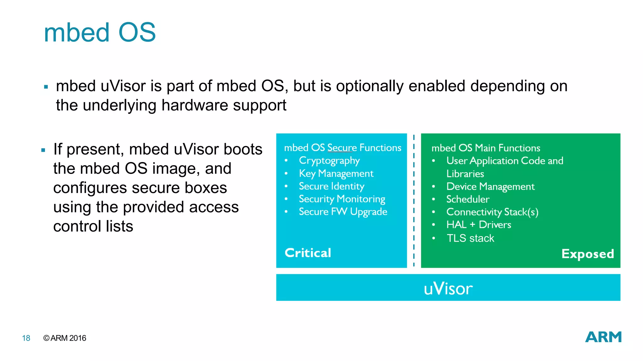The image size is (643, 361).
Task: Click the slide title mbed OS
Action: [100, 33]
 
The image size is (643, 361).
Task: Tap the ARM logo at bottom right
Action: [603, 337]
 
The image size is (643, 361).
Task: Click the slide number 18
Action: [26, 338]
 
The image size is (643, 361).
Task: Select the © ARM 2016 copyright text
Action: [65, 338]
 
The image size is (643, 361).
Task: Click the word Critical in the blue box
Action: [308, 253]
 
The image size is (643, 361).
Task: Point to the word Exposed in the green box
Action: [587, 254]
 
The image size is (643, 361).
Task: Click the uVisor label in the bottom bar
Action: [448, 288]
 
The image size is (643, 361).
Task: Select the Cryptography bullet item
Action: [329, 161]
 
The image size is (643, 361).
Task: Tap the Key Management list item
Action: [336, 174]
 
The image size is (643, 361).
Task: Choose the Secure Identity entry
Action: [331, 186]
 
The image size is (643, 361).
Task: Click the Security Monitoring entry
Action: [342, 199]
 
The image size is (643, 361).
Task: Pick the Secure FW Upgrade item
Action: [343, 212]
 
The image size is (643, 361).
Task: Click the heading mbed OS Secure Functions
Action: [343, 148]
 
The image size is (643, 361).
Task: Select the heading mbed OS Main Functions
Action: [486, 148]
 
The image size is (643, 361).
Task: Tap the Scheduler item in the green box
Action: [467, 199]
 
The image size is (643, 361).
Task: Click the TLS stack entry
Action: [470, 238]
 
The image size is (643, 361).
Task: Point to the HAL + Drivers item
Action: [478, 225]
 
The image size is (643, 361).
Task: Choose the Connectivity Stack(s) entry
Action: [492, 212]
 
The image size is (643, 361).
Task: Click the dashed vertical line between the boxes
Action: [414, 201]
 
